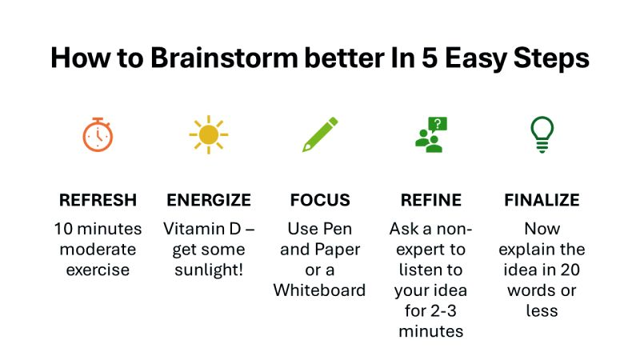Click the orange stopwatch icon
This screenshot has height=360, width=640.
point(98,134)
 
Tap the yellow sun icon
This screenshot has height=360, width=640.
point(208,134)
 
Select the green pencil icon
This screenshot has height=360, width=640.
point(319,134)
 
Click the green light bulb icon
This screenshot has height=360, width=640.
point(542,134)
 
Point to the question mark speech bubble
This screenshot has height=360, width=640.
point(438,124)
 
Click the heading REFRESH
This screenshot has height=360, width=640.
point(98,200)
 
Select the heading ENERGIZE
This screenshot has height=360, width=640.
point(208,200)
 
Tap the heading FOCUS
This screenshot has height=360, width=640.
point(319,200)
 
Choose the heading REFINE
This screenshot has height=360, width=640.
point(430,200)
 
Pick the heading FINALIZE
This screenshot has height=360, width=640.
point(542,200)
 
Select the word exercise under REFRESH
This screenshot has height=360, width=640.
point(98,270)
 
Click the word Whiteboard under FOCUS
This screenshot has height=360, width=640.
point(319,290)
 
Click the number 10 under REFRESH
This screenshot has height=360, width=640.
point(63,229)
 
